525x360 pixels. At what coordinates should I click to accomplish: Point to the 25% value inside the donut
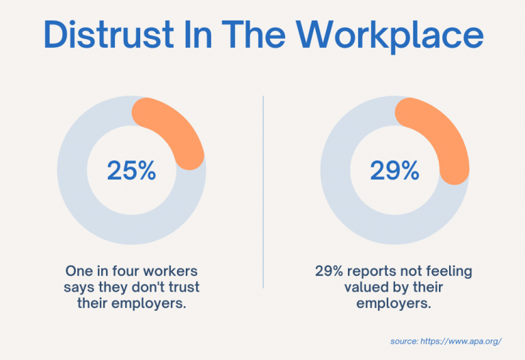(x=131, y=170)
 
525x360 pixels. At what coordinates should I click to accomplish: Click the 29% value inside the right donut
(x=394, y=170)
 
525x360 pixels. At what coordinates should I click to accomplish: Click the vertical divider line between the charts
(x=263, y=191)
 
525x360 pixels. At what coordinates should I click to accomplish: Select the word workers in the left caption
(x=169, y=271)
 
